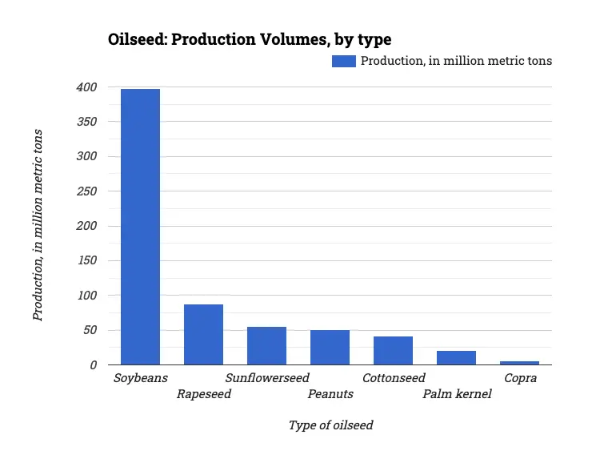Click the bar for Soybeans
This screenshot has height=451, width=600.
point(140,227)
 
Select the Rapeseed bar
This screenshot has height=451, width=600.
point(203,335)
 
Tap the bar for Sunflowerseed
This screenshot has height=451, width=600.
point(266,346)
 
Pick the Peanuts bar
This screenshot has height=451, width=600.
point(330,348)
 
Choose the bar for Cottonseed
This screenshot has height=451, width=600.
point(393,351)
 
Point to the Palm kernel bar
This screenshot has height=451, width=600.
point(456,358)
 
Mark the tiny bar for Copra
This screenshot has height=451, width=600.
point(519,363)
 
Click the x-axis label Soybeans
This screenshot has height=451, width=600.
point(140,377)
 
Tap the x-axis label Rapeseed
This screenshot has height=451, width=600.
point(203,394)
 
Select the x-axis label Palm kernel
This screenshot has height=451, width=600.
point(457,394)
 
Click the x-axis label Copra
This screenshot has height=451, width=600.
point(520,377)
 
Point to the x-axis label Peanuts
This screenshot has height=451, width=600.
point(330,394)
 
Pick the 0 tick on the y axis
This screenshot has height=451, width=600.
point(94,365)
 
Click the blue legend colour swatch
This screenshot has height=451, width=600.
point(344,61)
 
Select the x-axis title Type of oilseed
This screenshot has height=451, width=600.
point(330,425)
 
